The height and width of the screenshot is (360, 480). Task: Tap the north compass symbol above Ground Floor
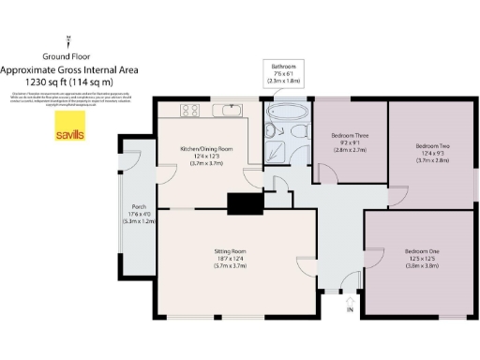[x=69, y=39]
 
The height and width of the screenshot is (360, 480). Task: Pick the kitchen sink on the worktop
[x=228, y=112]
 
